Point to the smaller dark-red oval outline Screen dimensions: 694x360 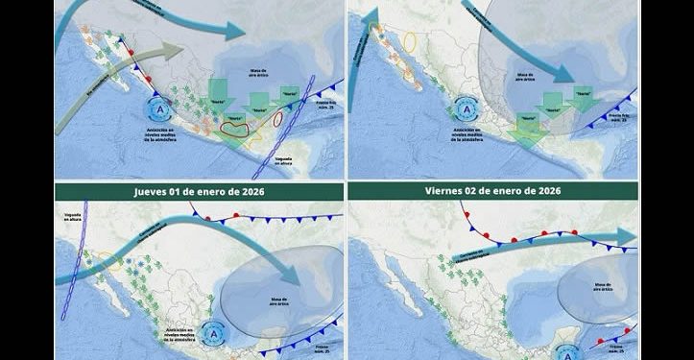(277, 119)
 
